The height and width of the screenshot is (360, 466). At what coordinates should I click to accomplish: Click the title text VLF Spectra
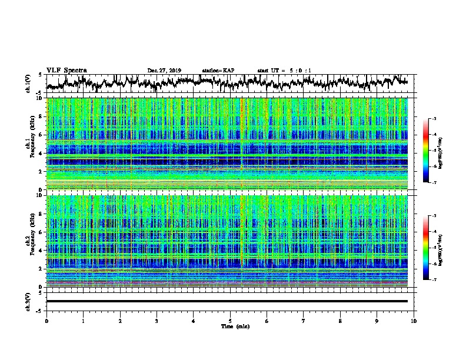66,70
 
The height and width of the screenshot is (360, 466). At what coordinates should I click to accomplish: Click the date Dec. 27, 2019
164,71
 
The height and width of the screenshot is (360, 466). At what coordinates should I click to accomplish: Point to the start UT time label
284,71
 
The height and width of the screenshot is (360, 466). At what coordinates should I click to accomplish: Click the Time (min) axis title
230,326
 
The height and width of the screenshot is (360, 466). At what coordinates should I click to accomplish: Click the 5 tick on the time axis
230,321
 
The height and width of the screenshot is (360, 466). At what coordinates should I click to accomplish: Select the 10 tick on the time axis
414,321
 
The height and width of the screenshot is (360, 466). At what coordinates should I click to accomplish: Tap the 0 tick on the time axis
46,321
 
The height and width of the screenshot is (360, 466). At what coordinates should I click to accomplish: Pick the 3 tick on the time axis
157,321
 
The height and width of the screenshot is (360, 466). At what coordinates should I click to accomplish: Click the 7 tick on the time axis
304,321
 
